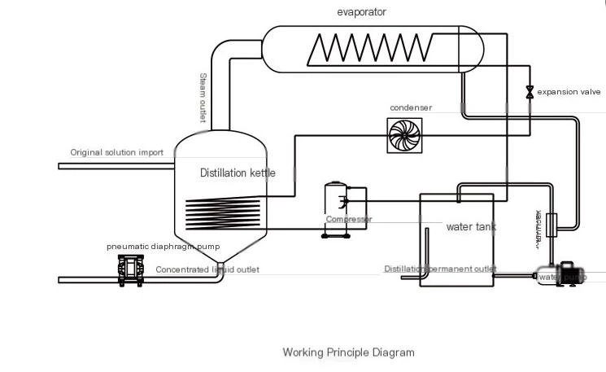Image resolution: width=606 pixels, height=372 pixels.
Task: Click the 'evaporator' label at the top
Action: (x=361, y=12)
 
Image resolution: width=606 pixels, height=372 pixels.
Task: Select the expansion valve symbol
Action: (x=530, y=92)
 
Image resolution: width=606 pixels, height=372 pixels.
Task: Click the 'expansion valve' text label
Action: (x=569, y=92)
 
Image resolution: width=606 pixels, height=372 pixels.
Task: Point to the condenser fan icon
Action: (x=405, y=134)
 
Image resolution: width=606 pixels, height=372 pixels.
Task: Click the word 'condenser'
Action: (x=411, y=107)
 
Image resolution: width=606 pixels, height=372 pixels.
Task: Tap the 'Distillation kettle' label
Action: (x=238, y=173)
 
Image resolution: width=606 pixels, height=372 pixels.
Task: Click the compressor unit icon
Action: (x=336, y=208)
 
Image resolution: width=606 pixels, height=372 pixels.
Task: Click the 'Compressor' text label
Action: (x=349, y=219)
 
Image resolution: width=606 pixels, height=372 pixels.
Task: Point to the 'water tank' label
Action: (x=471, y=227)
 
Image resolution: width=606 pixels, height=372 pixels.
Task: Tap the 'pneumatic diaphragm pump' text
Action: (x=163, y=247)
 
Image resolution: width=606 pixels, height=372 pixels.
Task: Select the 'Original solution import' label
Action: (x=116, y=152)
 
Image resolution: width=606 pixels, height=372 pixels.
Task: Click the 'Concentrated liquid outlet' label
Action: (x=207, y=269)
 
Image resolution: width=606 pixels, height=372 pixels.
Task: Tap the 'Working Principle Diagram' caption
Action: (x=348, y=352)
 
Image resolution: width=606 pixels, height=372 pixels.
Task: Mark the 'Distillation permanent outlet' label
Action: (x=440, y=269)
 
